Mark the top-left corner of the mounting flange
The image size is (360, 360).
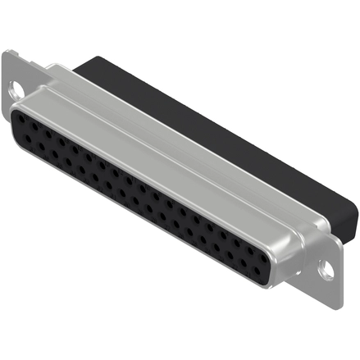pos(7,52)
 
